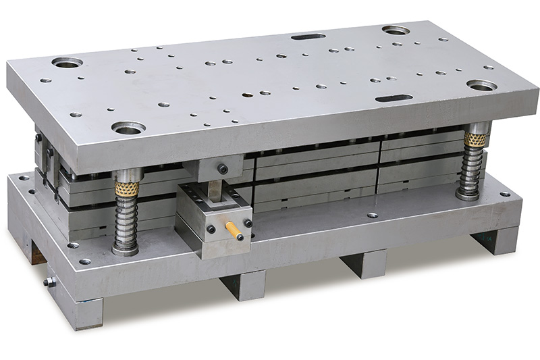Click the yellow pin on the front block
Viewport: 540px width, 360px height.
coord(234,230)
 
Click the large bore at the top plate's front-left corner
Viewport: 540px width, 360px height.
coord(128,127)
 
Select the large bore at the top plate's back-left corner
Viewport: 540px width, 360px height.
coord(67,63)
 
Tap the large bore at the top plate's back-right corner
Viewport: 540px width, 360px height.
coord(396,30)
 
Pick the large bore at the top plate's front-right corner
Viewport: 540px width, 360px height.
coord(482,85)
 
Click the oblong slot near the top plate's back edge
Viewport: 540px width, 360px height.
coord(308,36)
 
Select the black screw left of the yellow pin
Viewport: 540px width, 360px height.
coord(211,229)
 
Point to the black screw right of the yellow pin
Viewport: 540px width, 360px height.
coord(248,223)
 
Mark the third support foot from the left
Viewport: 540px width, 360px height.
coord(364,263)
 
